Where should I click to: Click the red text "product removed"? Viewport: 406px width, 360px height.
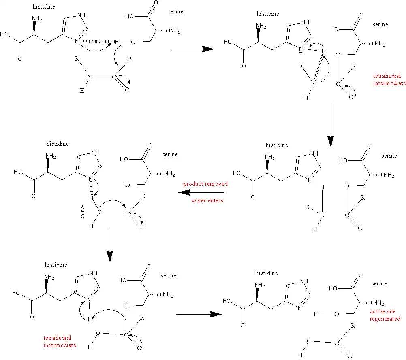click(x=205, y=184)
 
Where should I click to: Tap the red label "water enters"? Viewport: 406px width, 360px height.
click(x=207, y=200)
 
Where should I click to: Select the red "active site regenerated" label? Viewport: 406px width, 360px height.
click(x=385, y=315)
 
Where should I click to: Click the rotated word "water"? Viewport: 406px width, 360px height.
click(x=83, y=211)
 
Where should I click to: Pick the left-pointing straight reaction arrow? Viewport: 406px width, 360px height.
click(x=201, y=192)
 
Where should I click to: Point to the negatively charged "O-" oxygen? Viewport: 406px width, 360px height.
click(x=140, y=348)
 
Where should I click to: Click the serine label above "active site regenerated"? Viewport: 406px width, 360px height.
click(x=379, y=283)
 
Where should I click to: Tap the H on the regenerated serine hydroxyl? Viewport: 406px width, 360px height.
click(x=316, y=314)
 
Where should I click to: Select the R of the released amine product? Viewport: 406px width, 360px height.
click(x=308, y=207)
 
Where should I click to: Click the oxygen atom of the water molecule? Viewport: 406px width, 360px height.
click(x=99, y=212)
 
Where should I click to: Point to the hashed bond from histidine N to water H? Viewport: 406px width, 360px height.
click(x=91, y=188)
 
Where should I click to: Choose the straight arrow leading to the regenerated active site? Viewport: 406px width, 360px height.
click(x=199, y=315)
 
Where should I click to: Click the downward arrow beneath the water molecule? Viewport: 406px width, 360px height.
click(x=110, y=245)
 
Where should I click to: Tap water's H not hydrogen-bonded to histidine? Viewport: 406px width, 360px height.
click(x=91, y=226)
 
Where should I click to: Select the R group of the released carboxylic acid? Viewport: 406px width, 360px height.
click(x=353, y=326)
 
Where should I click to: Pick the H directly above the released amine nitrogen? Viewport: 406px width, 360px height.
click(x=322, y=187)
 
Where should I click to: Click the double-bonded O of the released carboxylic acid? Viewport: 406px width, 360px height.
click(x=350, y=356)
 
